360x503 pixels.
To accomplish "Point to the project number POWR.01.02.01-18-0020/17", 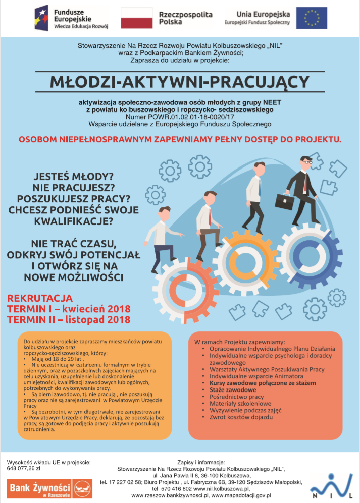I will (x=180, y=116).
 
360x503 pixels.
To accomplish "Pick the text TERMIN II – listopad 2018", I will (x=69, y=319).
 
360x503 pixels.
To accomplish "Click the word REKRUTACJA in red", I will (x=40, y=298).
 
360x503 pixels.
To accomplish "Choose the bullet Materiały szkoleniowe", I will (x=240, y=404).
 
